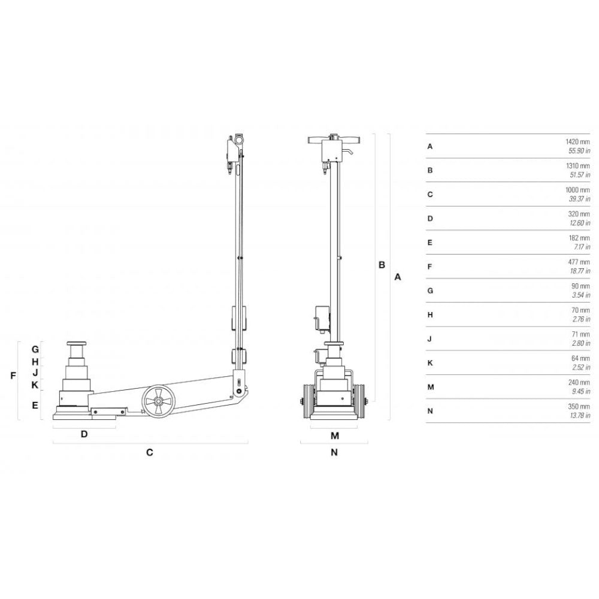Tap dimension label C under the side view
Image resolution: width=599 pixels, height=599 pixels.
coord(150,452)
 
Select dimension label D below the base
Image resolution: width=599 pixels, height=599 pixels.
coord(84,434)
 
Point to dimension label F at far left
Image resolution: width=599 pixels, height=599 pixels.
coord(13,376)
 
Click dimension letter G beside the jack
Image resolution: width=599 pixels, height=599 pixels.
coord(35,349)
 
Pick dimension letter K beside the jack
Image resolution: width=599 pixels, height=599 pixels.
coord(35,385)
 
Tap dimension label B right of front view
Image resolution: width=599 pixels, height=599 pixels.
coord(382,265)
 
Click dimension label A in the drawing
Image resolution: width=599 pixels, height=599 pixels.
coord(398,277)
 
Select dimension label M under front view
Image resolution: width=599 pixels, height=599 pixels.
coord(335,435)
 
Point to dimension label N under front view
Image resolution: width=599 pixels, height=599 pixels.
coord(334,452)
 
